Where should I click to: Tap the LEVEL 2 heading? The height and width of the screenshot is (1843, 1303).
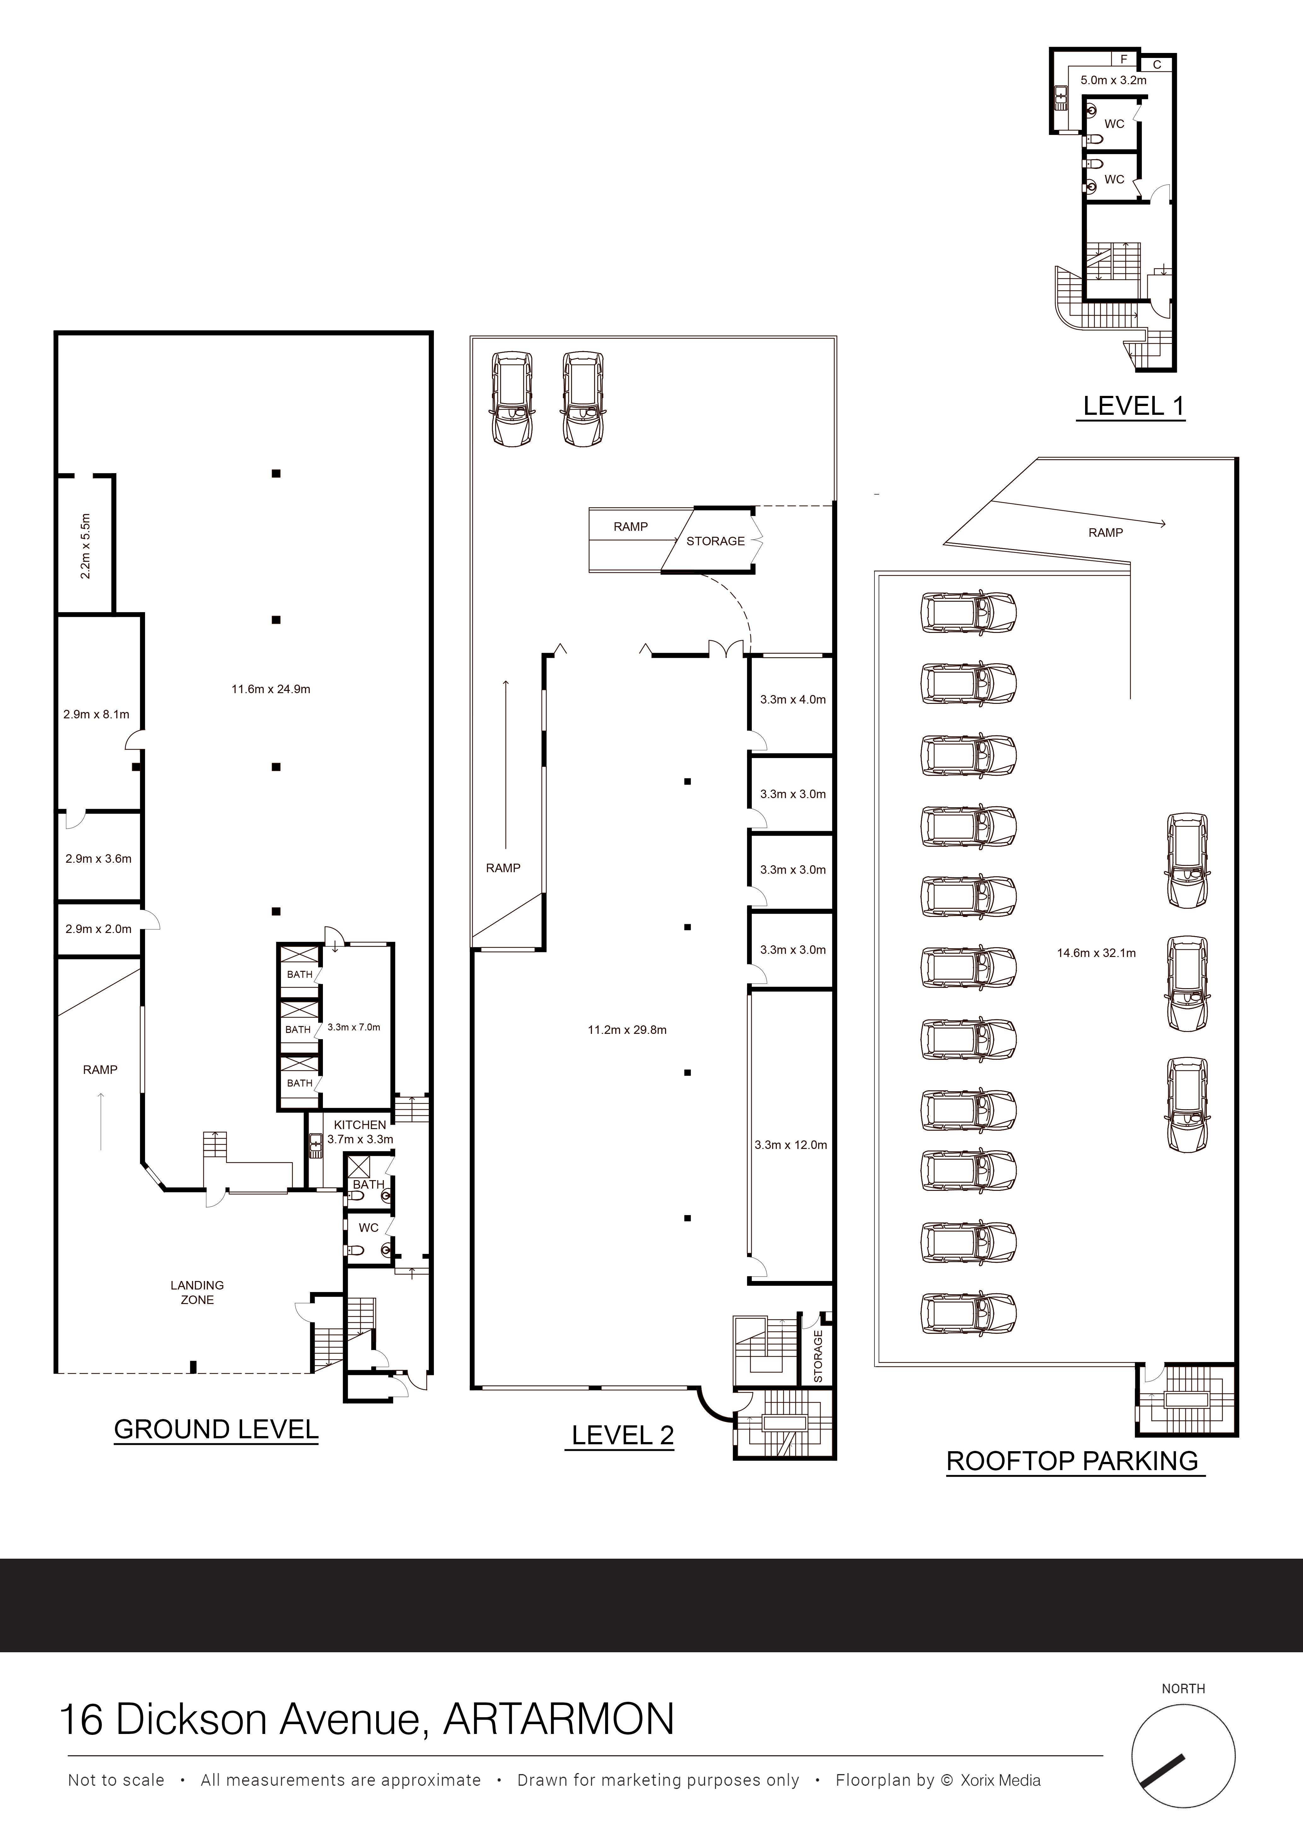pyautogui.click(x=622, y=1435)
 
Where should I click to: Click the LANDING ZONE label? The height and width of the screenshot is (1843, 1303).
pyautogui.click(x=197, y=1292)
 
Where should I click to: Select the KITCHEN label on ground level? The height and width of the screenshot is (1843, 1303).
pyautogui.click(x=360, y=1125)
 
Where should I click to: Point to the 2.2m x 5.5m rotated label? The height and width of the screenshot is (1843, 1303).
pyautogui.click(x=86, y=546)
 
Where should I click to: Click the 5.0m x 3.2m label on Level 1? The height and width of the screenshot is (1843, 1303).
pyautogui.click(x=1113, y=80)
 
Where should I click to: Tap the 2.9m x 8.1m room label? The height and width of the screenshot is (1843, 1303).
pyautogui.click(x=96, y=714)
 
